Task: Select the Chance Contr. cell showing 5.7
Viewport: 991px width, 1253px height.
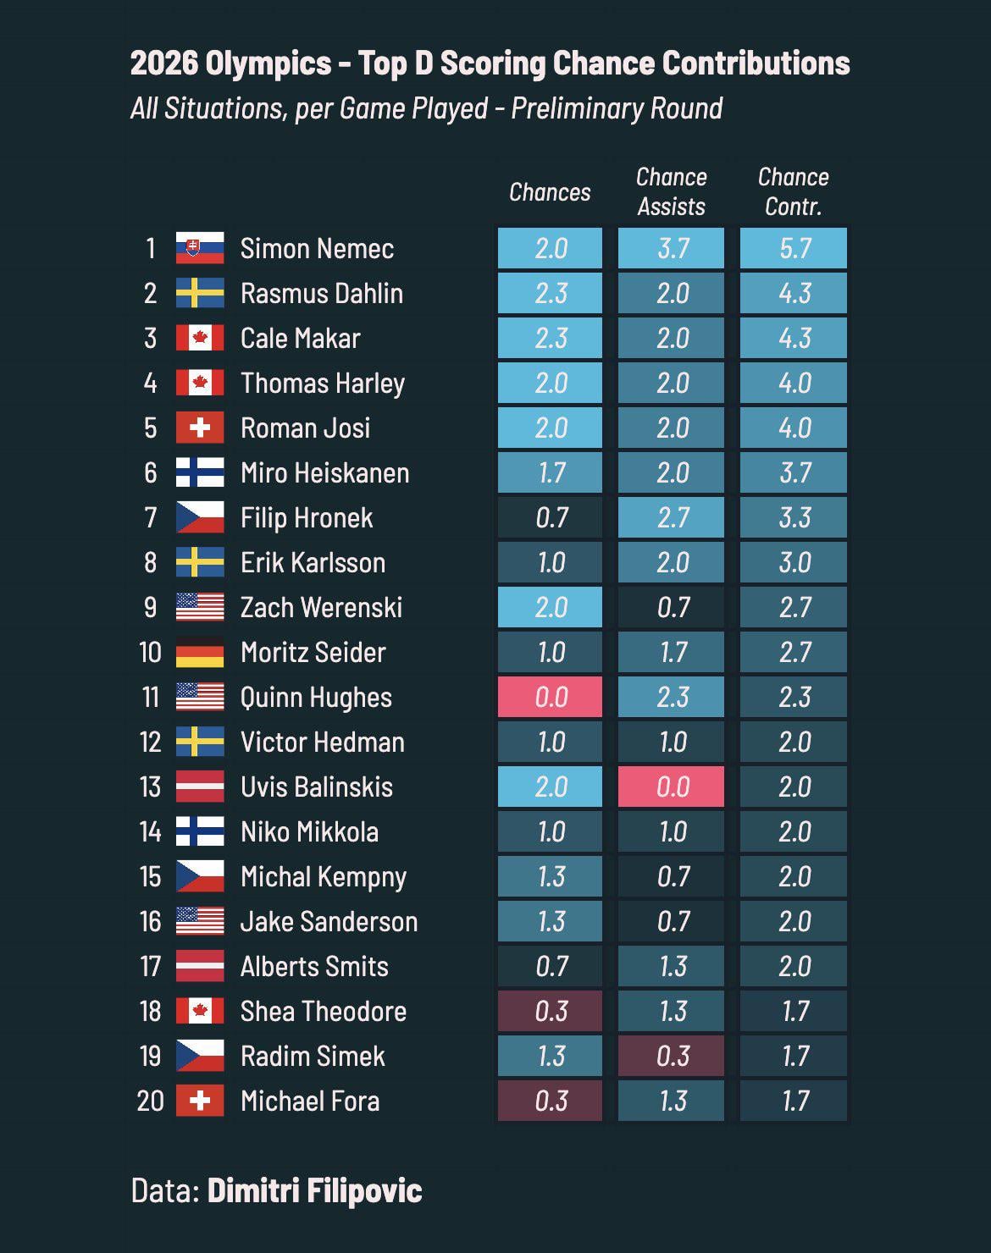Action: point(794,248)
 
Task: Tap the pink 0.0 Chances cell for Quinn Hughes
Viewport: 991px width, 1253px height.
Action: point(550,697)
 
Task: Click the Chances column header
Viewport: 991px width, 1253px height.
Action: point(550,192)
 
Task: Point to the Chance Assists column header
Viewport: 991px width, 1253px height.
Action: point(671,191)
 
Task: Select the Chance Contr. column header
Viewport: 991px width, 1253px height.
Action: point(794,191)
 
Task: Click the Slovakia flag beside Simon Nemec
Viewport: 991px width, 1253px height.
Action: point(200,248)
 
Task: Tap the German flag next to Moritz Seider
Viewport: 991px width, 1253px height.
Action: point(200,652)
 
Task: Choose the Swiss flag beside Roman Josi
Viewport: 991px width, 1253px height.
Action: point(200,428)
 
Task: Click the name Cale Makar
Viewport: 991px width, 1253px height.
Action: point(300,338)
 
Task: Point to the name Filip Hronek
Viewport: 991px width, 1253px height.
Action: point(307,517)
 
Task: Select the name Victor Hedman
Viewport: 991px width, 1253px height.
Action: point(322,742)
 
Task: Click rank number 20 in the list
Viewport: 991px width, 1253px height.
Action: point(150,1101)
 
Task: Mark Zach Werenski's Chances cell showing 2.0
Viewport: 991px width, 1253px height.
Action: point(550,607)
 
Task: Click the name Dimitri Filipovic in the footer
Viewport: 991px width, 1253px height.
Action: point(314,1190)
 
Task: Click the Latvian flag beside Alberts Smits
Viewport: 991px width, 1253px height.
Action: point(200,966)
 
